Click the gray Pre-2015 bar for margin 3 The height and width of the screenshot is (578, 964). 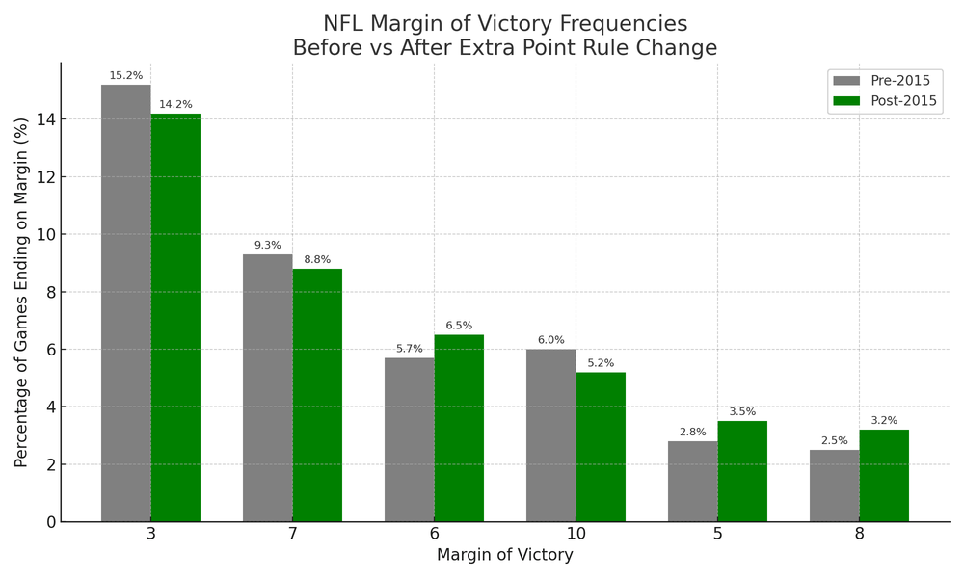pyautogui.click(x=125, y=303)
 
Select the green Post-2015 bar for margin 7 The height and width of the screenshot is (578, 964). pyautogui.click(x=317, y=395)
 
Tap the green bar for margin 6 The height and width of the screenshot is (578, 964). pyautogui.click(x=459, y=429)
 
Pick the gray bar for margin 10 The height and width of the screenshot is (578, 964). pyautogui.click(x=550, y=435)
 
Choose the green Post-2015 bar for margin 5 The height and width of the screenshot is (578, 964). pyautogui.click(x=742, y=471)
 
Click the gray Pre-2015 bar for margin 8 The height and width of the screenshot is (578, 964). pyautogui.click(x=834, y=486)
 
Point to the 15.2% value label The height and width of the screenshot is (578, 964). pyautogui.click(x=125, y=76)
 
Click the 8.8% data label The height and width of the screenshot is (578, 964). pyautogui.click(x=317, y=260)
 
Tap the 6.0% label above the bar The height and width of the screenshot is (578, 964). pyautogui.click(x=550, y=340)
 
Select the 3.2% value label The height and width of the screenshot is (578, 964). pyautogui.click(x=884, y=421)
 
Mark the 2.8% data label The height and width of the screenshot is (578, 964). pyautogui.click(x=692, y=433)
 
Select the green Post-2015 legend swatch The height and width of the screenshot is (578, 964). pyautogui.click(x=846, y=101)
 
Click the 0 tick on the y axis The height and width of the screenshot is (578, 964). pyautogui.click(x=50, y=522)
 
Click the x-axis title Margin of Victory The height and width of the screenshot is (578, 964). pyautogui.click(x=504, y=556)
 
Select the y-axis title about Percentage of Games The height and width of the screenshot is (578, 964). pyautogui.click(x=21, y=292)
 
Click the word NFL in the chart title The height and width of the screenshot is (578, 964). pyautogui.click(x=343, y=24)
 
